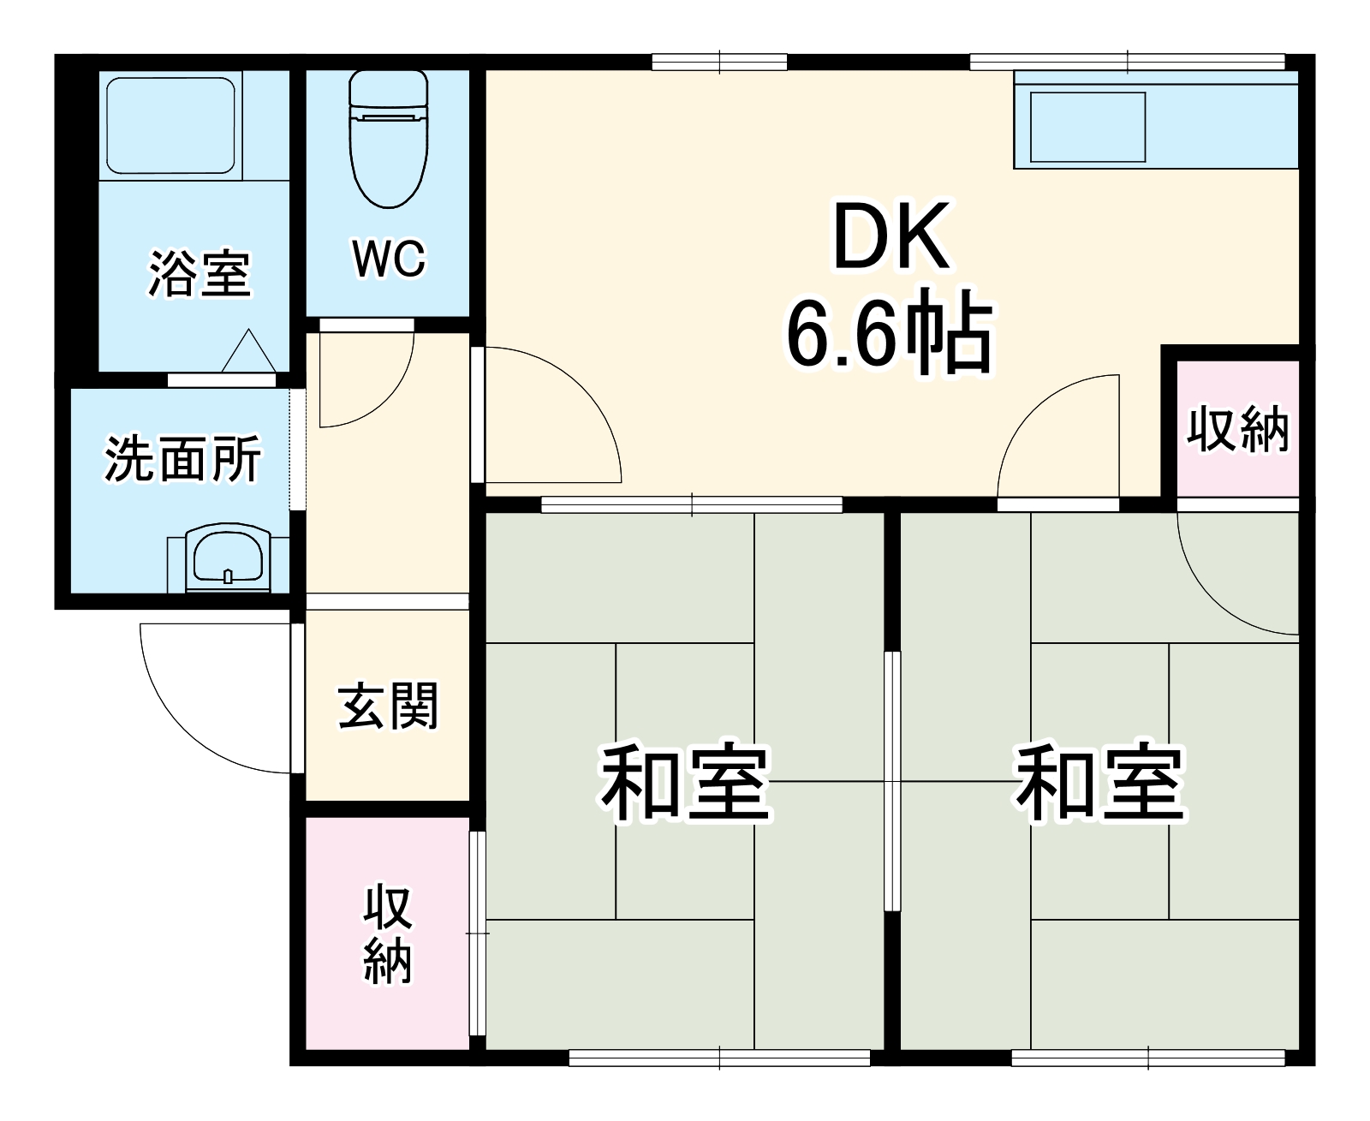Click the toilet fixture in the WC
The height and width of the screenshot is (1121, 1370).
(388, 137)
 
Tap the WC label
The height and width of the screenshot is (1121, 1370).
(388, 257)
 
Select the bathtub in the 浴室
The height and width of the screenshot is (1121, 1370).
(170, 125)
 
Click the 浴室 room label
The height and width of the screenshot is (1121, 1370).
(200, 274)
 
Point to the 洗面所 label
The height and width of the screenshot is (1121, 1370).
(182, 459)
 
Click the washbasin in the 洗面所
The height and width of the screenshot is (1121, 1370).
(228, 558)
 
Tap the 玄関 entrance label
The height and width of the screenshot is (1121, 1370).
(388, 706)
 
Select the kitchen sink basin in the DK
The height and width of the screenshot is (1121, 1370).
(1087, 126)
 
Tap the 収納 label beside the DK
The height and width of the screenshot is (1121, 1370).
(1237, 429)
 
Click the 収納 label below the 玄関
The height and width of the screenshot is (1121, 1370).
(388, 933)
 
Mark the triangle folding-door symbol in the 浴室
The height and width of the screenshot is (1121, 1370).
(248, 351)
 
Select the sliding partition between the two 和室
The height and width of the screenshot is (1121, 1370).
(892, 779)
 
